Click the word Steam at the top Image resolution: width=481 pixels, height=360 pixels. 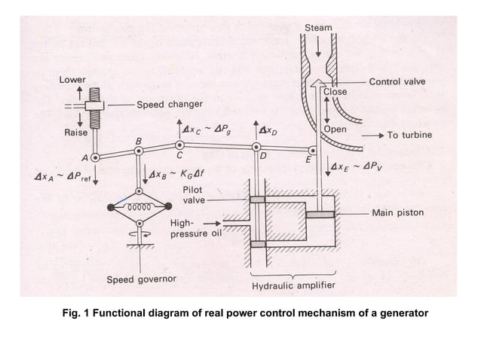click(x=317, y=28)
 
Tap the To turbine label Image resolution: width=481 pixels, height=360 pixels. click(x=409, y=136)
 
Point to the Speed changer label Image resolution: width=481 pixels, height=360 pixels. click(x=169, y=105)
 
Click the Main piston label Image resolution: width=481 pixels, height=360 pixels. click(x=397, y=213)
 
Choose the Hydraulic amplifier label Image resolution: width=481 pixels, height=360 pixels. click(x=293, y=285)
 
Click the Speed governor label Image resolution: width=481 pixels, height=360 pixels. click(x=141, y=279)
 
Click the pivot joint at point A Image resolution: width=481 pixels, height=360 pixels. click(x=95, y=158)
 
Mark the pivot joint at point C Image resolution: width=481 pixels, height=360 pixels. click(x=179, y=145)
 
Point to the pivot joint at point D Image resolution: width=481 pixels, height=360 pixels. click(x=256, y=146)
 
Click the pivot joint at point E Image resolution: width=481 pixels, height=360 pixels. click(x=313, y=150)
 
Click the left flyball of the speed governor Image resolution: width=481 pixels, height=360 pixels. click(x=112, y=207)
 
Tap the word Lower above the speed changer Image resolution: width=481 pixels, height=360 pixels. click(x=73, y=80)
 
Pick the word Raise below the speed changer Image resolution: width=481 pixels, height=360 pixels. click(x=75, y=132)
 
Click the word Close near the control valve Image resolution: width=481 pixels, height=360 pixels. click(x=335, y=92)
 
